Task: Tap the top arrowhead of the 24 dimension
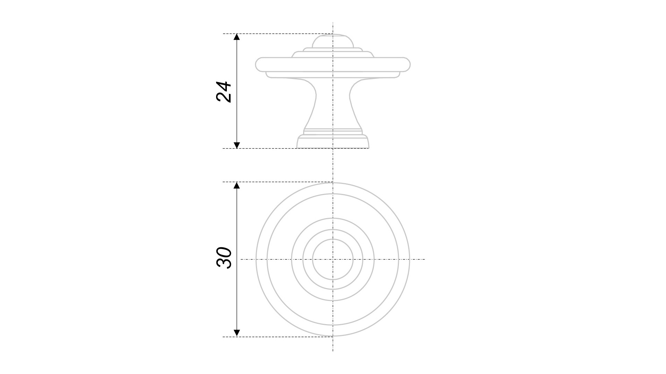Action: point(237,37)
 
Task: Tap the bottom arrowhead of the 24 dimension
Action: point(237,145)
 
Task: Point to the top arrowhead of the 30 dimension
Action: point(237,185)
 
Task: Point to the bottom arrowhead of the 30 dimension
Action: point(237,333)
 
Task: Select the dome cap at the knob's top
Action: point(333,41)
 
